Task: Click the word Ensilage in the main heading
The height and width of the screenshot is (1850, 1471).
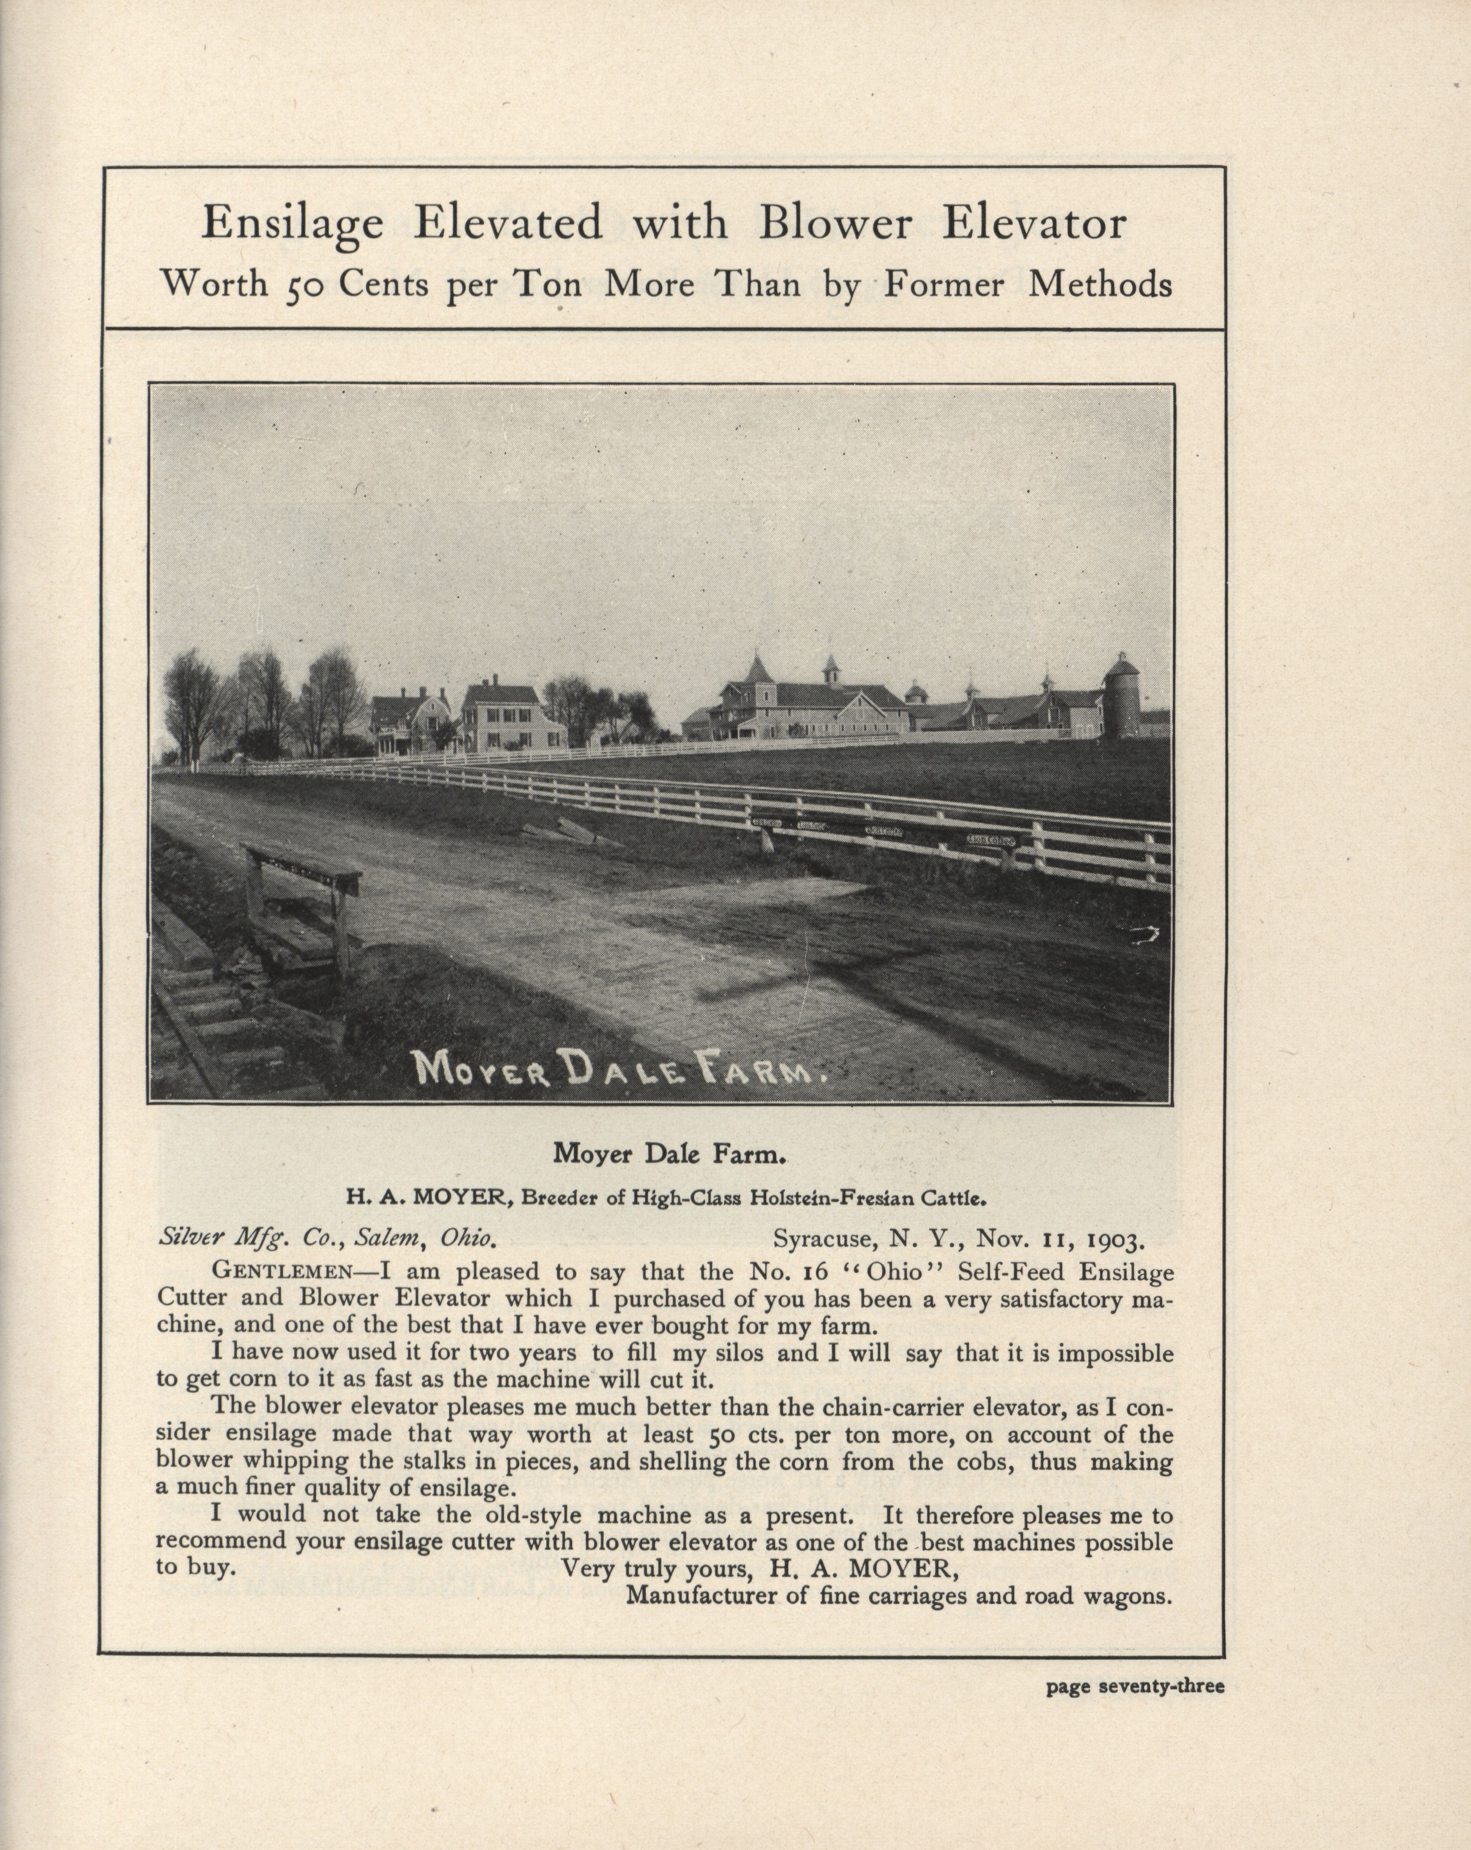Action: coord(293,225)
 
